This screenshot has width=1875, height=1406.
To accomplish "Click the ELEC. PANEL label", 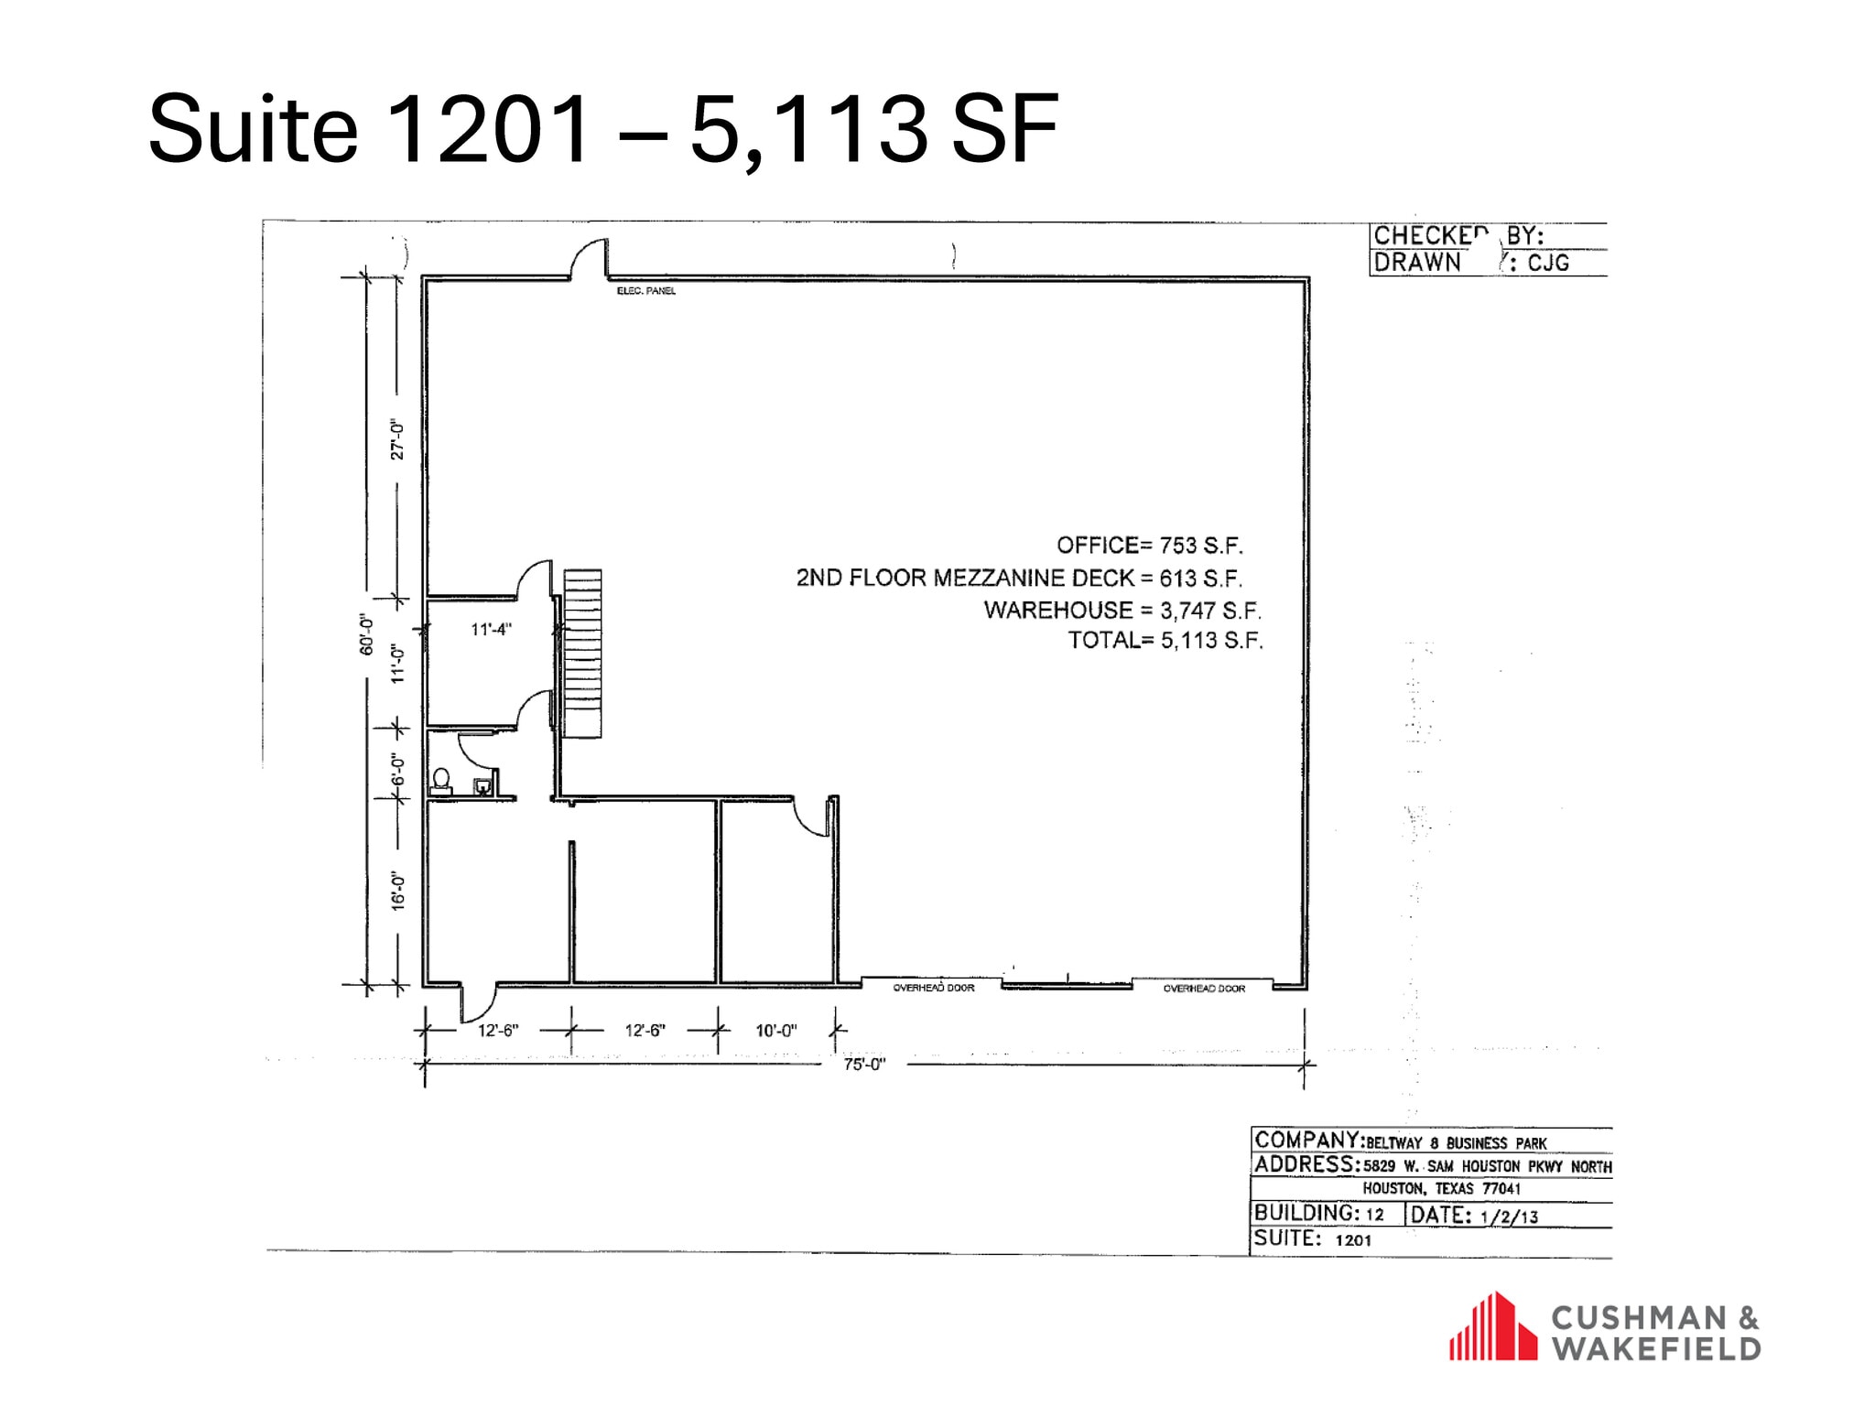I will (646, 291).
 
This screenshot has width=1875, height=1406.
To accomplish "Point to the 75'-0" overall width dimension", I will (864, 1065).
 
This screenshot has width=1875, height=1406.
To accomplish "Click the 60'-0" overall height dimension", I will (366, 633).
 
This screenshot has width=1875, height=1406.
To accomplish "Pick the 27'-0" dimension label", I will (397, 439).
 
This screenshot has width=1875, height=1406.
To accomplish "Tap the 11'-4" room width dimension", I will (491, 630).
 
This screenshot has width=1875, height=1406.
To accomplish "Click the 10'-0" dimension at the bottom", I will (775, 1031).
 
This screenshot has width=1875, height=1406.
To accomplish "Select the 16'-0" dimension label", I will (397, 890).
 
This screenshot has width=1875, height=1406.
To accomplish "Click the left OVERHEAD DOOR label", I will (934, 988).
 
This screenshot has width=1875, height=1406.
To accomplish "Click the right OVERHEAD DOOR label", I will (1204, 989).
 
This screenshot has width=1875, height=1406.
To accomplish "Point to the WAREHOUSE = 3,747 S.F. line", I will (1122, 611).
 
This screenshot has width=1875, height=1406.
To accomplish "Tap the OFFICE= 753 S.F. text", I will (1150, 546).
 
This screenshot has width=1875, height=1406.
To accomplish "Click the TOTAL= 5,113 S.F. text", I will (1165, 640).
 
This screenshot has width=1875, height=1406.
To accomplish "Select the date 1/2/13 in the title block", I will (1509, 1217).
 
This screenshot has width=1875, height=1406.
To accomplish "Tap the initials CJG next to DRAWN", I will (1548, 264).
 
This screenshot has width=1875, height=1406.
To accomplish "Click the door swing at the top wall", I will (589, 259).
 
